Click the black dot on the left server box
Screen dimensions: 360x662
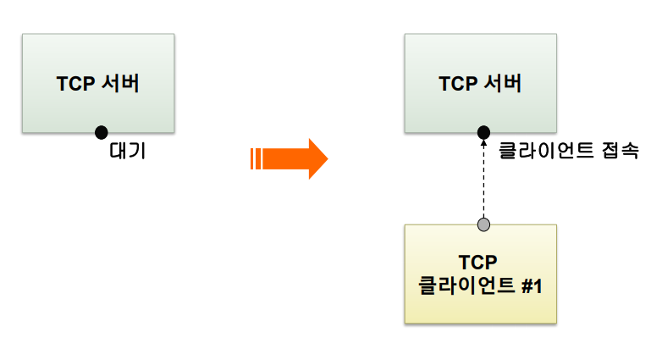click(102, 131)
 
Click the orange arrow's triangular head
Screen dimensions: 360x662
click(314, 158)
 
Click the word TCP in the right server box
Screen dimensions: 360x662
click(457, 84)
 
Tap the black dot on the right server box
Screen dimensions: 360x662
click(483, 131)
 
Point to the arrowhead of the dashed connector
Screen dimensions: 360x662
click(483, 143)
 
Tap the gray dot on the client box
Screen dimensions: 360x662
click(483, 224)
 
